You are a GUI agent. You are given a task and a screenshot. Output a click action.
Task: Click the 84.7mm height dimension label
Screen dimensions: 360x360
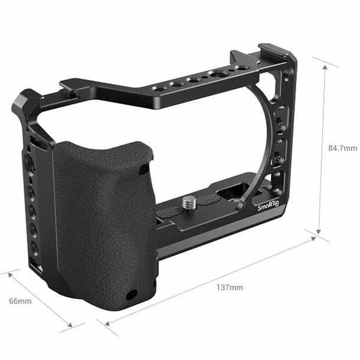[x=342, y=148]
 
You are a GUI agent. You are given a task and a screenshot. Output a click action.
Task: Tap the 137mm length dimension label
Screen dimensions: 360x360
[x=230, y=287]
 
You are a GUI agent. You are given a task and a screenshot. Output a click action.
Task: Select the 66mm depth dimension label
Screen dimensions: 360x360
[x=20, y=301]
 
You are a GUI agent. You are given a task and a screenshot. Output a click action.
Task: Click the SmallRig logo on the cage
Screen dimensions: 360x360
[x=268, y=206]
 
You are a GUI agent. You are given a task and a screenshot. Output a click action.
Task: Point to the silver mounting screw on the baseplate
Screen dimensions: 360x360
[x=189, y=203]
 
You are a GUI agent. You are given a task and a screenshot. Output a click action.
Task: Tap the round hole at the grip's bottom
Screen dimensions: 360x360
[x=132, y=294]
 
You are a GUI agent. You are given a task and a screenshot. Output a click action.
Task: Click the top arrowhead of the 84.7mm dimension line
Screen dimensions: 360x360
[x=325, y=67]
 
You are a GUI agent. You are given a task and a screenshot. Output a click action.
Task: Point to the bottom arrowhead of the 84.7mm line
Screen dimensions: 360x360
[x=319, y=231]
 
